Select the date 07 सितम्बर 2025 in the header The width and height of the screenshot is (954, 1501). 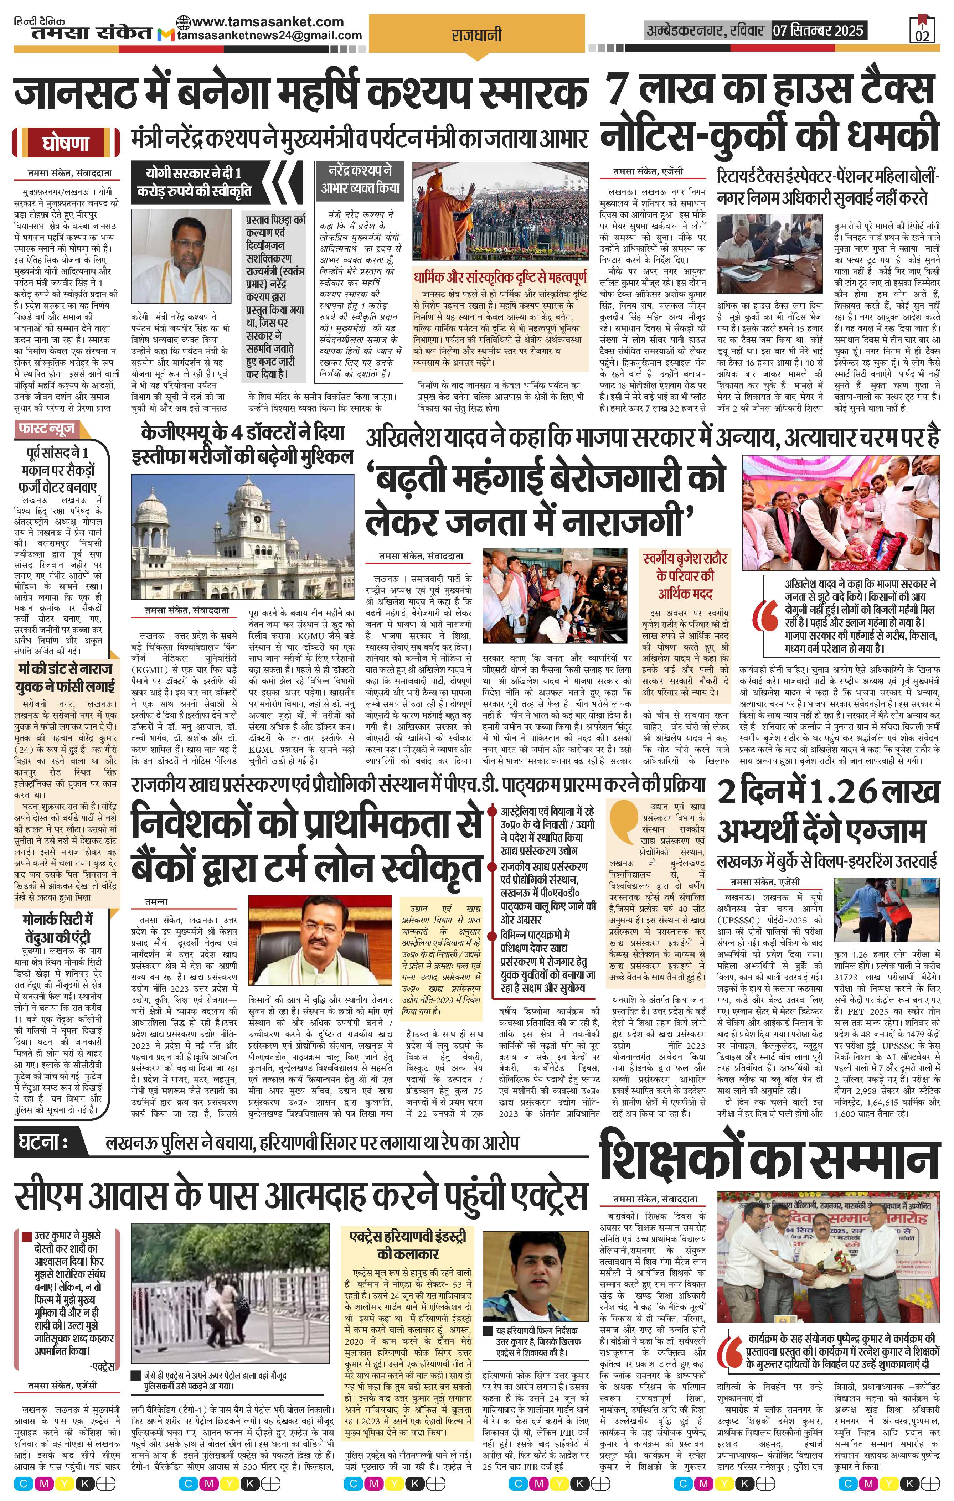[x=818, y=30]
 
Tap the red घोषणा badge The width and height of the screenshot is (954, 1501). [x=66, y=143]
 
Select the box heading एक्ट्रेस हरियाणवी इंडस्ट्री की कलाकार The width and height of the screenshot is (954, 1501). [x=408, y=1227]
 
